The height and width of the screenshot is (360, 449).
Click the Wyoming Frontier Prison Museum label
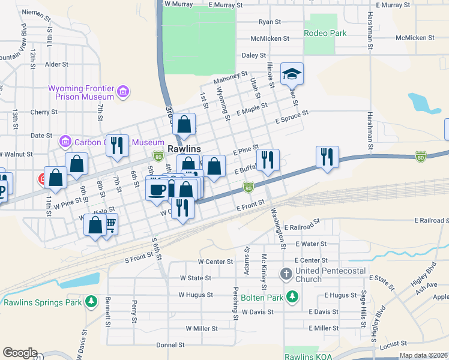81,92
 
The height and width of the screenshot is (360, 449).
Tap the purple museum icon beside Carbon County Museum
65,142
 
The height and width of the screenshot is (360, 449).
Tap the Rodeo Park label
325,34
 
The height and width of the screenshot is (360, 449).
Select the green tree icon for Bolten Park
292,296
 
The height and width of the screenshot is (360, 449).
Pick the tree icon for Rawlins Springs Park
91,302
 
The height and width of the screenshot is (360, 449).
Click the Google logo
20,353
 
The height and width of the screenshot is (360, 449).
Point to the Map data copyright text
423,355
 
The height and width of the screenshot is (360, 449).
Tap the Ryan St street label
270,22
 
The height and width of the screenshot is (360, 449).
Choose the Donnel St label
170,345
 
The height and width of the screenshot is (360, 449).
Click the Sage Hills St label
363,307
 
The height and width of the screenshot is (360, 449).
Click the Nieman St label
36,12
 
